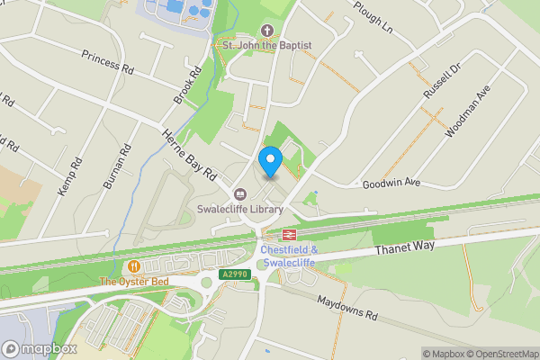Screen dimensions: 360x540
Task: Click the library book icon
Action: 240,193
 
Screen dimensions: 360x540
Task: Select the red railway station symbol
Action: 289,235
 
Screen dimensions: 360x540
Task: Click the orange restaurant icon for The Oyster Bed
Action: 134,266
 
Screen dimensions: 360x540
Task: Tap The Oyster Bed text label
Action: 134,282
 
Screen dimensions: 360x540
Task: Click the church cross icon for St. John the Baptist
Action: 267,30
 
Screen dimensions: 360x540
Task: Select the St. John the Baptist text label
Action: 267,45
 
